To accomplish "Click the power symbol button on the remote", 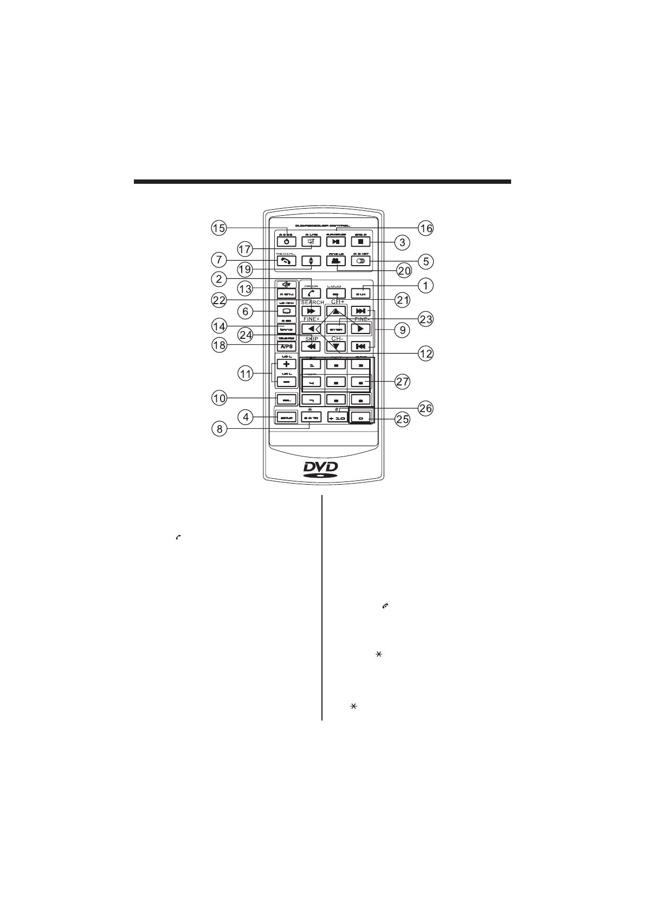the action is tap(286, 241).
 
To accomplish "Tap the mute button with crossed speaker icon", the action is tap(311, 241).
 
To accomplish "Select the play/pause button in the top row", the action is tap(336, 241).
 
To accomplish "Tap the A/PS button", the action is tap(286, 345).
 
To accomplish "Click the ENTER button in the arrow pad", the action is tap(336, 329).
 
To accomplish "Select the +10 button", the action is tap(336, 418).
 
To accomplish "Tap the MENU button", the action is tap(286, 293).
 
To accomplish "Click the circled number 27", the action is tap(402, 382).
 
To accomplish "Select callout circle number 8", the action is tap(219, 429).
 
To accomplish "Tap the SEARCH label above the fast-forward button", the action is tap(312, 303).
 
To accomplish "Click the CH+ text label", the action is tap(338, 301).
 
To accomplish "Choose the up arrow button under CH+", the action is tap(336, 312).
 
